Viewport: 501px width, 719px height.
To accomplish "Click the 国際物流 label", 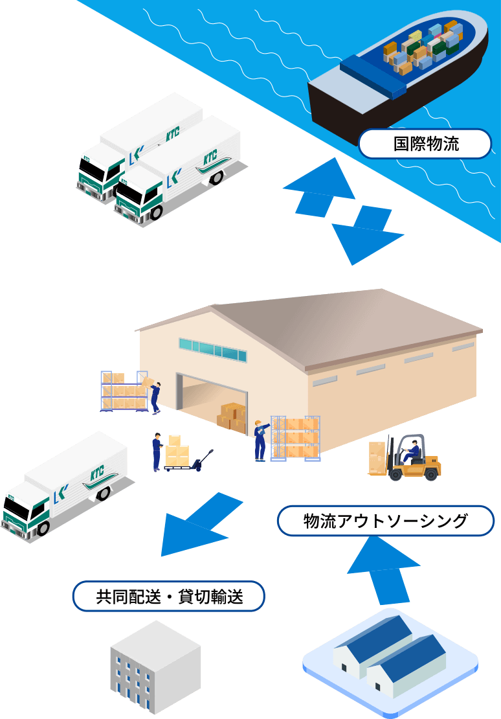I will tap(425, 144).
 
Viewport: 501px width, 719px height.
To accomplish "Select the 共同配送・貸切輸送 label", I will tap(169, 597).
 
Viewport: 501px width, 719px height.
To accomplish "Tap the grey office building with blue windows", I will tap(155, 667).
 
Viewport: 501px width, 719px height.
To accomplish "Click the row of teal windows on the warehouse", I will tap(212, 350).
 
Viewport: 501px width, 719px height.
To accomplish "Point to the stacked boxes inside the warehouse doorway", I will tap(232, 418).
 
